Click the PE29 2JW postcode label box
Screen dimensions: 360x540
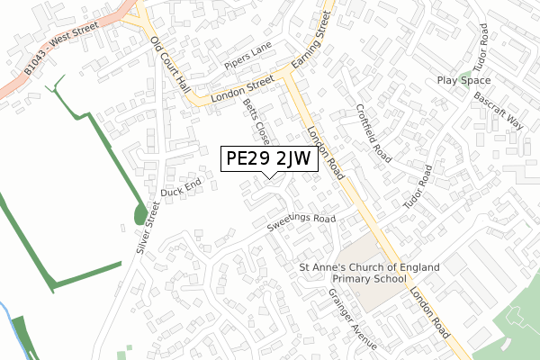pyautogui.click(x=268, y=158)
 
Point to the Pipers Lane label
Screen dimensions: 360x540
pyautogui.click(x=248, y=58)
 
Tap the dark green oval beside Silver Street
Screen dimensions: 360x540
pyautogui.click(x=140, y=214)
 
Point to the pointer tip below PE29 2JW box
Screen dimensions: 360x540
pyautogui.click(x=269, y=177)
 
